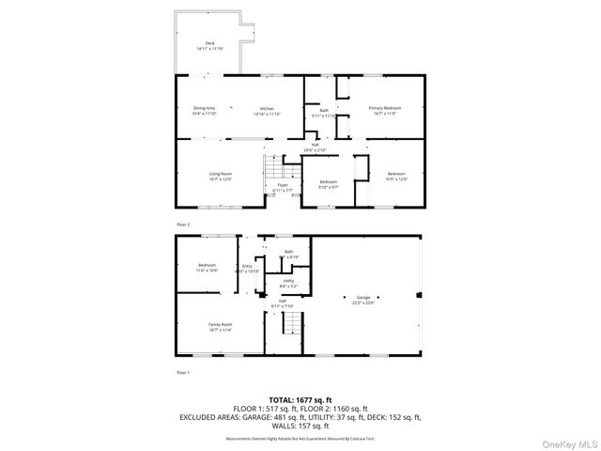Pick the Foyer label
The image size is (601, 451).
point(282,188)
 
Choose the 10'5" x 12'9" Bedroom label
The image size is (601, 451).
point(396,176)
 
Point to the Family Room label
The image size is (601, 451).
point(220,327)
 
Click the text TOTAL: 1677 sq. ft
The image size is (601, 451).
point(300,399)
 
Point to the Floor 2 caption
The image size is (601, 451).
point(183,225)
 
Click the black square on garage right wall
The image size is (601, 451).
point(420,294)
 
